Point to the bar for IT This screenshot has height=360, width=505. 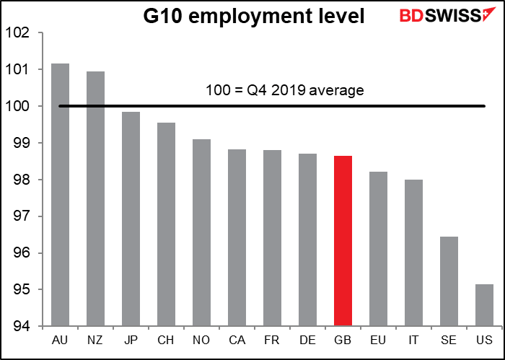(x=413, y=253)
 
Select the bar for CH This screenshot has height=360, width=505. (x=166, y=224)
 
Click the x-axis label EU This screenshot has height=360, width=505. (x=378, y=341)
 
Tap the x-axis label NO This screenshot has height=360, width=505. (x=201, y=341)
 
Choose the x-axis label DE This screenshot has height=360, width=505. (x=307, y=341)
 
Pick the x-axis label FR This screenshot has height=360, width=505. (x=272, y=341)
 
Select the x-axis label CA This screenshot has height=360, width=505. (x=237, y=341)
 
